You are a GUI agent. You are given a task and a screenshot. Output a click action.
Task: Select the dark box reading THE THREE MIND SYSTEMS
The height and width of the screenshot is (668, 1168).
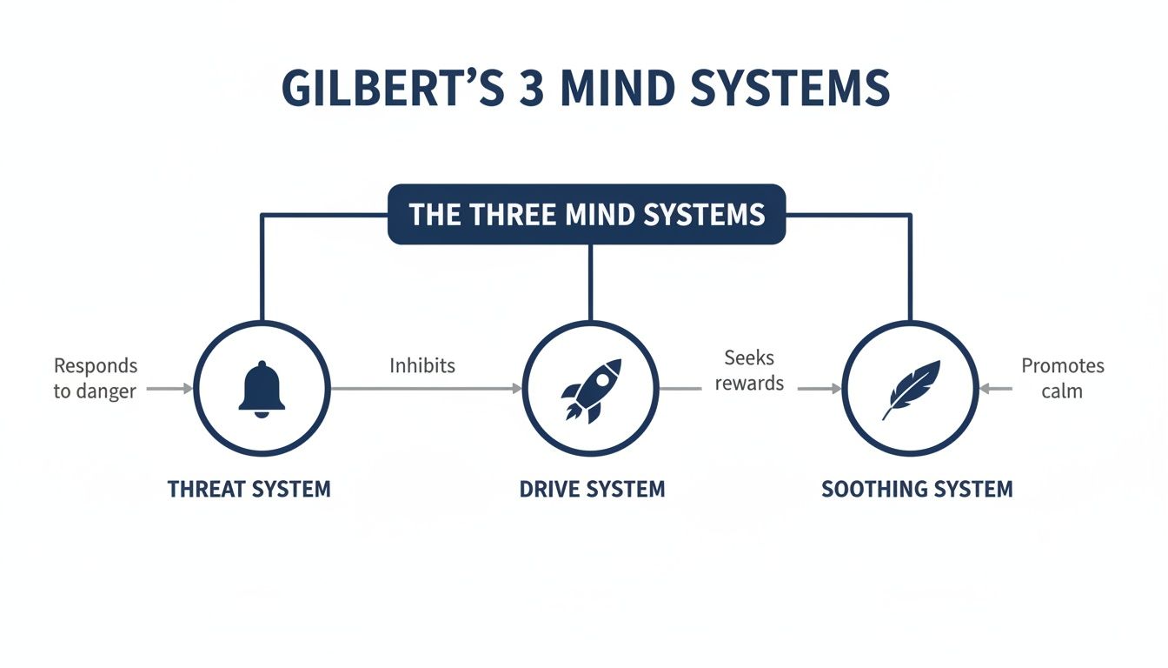(586, 214)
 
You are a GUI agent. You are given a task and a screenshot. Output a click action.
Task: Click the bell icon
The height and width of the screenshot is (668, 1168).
(261, 389)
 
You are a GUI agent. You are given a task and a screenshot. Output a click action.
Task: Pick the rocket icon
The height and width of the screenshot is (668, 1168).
(591, 389)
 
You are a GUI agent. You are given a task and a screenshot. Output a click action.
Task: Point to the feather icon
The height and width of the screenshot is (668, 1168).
(911, 389)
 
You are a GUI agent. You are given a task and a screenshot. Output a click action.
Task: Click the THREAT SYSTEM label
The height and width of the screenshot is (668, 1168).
(249, 489)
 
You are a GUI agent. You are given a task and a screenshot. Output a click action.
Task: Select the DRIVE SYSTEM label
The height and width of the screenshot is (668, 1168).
(592, 489)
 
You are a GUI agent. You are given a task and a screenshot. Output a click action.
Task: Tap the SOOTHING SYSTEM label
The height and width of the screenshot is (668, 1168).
(917, 489)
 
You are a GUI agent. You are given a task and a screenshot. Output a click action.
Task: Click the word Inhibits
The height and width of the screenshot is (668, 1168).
(421, 365)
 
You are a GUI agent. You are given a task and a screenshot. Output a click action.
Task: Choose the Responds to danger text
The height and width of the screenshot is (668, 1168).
(96, 378)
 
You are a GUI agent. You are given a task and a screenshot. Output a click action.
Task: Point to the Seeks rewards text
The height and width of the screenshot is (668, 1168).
(749, 371)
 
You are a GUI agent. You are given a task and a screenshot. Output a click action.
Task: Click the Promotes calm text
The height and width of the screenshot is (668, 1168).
(1062, 378)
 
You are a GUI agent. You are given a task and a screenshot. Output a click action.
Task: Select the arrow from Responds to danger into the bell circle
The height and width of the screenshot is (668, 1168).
(169, 389)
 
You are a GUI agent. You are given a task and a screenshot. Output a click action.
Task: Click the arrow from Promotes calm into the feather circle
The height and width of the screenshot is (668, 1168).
(996, 389)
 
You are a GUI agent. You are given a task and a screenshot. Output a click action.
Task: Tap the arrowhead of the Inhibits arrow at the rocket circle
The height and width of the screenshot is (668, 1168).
(517, 389)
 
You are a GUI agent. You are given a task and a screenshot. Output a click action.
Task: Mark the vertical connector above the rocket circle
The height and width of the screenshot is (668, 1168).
(590, 283)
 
